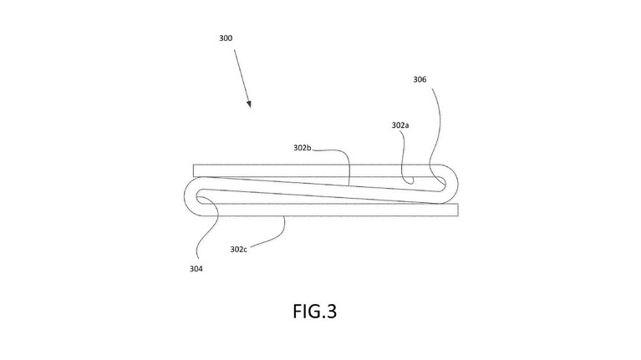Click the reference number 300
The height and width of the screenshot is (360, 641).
(x=226, y=38)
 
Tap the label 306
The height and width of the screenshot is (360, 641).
(x=420, y=79)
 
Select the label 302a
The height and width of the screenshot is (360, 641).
(x=400, y=125)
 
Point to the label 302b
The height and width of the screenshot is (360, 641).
(x=302, y=148)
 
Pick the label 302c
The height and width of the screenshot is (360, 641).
(x=238, y=249)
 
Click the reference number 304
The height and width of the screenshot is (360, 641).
(x=196, y=268)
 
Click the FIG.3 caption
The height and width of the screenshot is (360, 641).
(x=315, y=311)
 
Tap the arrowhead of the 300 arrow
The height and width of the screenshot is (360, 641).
(x=249, y=104)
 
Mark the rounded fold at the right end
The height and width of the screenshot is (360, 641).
(x=456, y=185)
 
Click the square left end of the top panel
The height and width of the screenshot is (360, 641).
(x=194, y=170)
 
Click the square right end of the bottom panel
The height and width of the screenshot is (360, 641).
(x=457, y=210)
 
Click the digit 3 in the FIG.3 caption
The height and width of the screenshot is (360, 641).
(x=332, y=312)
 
